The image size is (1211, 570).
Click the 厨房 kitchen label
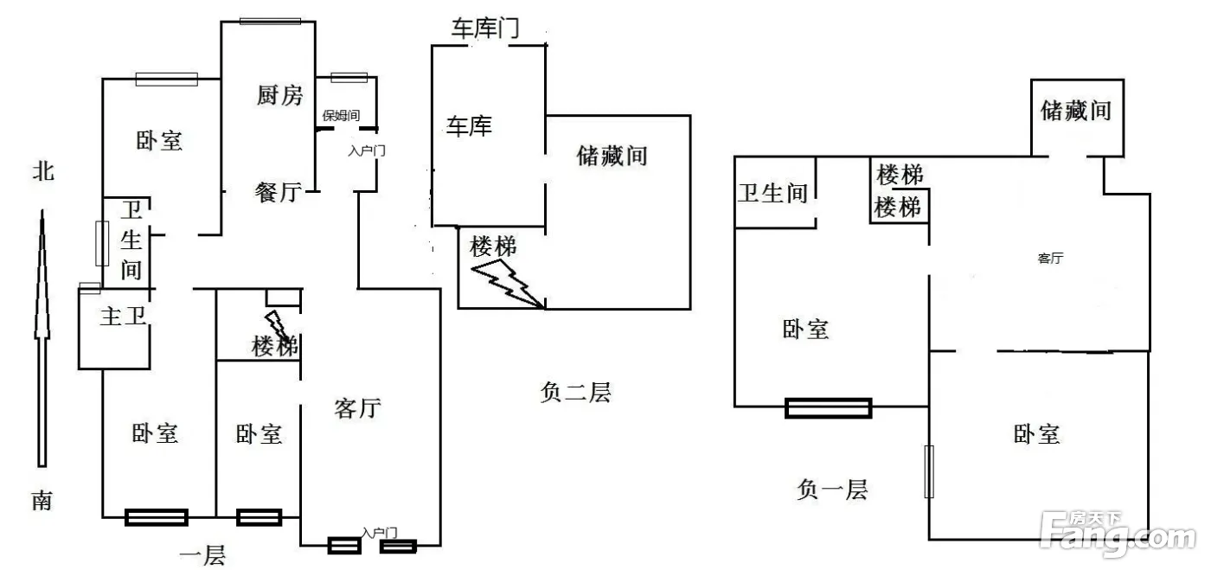(280, 95)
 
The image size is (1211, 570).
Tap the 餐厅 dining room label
(278, 192)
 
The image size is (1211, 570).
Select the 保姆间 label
(341, 115)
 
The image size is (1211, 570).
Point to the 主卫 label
(122, 317)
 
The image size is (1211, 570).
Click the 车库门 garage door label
(484, 28)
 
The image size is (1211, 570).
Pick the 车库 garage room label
(469, 127)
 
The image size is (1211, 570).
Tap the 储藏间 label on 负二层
(612, 156)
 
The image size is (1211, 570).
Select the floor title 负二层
(574, 393)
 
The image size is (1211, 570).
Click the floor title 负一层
(831, 490)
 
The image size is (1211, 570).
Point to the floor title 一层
(202, 555)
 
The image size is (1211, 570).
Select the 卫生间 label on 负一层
(772, 192)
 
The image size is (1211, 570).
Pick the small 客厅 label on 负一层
(1050, 259)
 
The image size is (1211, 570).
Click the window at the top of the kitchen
(270, 21)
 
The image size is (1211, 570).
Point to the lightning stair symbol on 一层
(279, 326)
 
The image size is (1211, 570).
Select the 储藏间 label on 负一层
(1075, 111)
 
